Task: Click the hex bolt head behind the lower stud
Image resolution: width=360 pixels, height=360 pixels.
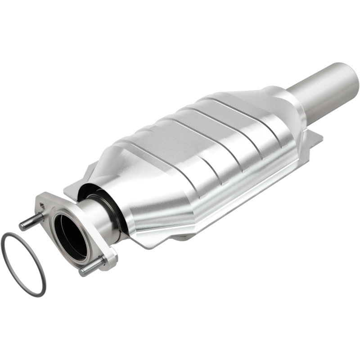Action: (108, 260)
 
